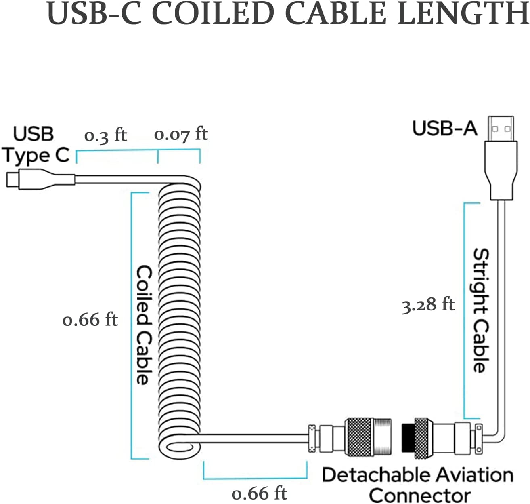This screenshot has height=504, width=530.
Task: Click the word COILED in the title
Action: coord(213,13)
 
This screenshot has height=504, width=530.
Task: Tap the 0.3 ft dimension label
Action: coord(105,135)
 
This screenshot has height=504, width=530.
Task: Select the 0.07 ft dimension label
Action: coord(181,134)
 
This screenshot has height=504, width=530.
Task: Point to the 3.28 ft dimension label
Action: coord(428,305)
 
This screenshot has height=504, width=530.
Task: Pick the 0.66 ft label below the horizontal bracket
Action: coord(259,494)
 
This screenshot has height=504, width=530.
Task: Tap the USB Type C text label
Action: coord(36,145)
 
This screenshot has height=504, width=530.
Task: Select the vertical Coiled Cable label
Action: coord(144,325)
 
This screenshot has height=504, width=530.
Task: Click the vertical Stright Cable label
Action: coord(481,311)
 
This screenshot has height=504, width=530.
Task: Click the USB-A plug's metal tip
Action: coord(501,129)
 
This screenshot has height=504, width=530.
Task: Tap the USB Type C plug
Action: coord(40,179)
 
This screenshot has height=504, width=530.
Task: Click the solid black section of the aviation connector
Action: coord(408,438)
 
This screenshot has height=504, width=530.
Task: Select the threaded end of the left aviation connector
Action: coord(382,437)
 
